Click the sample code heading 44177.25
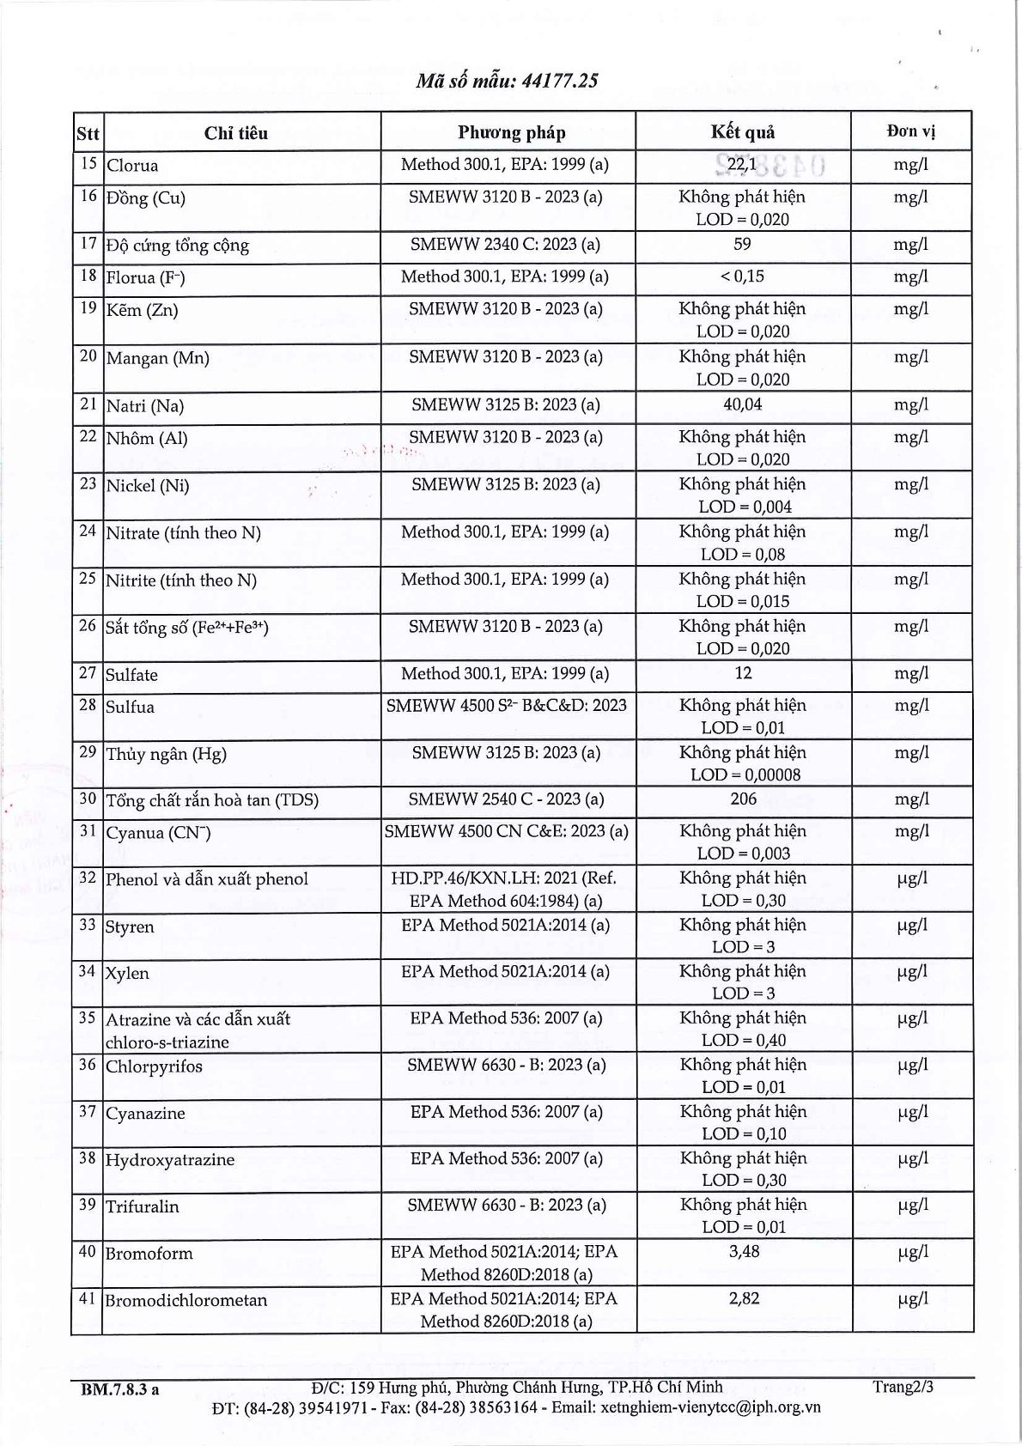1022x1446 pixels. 507,81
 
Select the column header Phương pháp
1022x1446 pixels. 511,132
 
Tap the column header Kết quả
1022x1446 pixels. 742,131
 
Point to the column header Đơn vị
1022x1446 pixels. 910,131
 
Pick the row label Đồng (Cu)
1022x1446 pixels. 145,198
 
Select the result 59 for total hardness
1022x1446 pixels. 742,244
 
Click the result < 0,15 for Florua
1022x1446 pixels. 742,276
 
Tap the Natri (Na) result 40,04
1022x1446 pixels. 742,404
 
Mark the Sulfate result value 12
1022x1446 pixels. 743,674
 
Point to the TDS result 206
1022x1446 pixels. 743,799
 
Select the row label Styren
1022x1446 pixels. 130,927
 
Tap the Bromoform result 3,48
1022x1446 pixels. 743,1252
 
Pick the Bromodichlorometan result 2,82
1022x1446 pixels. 743,1299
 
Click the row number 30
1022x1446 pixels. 87,799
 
